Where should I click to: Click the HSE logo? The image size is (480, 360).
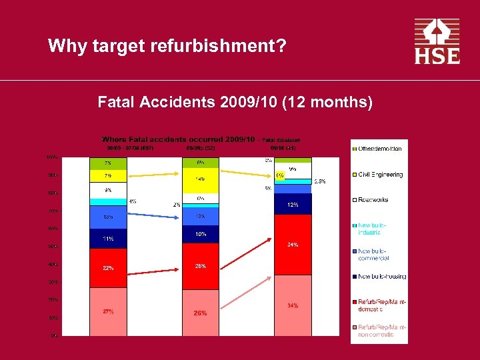tap(437, 41)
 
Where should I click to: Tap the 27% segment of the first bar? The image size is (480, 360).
tap(107, 311)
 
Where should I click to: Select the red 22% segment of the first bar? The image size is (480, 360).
tap(107, 268)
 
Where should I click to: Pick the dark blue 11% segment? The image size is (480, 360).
tap(107, 238)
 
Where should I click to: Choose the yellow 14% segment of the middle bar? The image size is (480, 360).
tap(200, 179)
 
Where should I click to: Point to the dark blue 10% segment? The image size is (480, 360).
tap(200, 234)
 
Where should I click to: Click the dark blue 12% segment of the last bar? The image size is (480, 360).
tap(293, 205)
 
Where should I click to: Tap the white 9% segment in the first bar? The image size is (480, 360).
tap(107, 191)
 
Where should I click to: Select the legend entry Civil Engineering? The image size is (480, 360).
tap(380, 175)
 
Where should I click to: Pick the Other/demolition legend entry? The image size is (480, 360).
tap(380, 149)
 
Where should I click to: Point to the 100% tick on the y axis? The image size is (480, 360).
tap(51, 157)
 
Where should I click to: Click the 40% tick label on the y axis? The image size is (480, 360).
tap(51, 265)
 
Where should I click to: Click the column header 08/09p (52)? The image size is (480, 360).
tap(200, 148)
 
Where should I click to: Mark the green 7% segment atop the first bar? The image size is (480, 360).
tap(107, 163)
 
